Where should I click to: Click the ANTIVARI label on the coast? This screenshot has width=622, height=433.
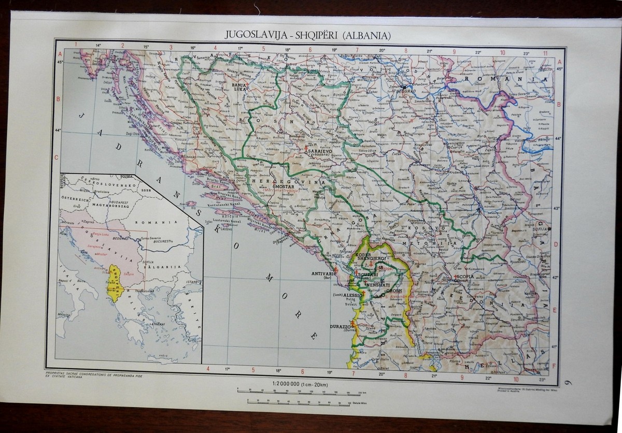click(322, 272)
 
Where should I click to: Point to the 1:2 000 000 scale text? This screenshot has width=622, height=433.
click(286, 383)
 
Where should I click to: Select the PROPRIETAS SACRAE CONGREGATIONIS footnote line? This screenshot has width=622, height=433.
click(93, 372)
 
